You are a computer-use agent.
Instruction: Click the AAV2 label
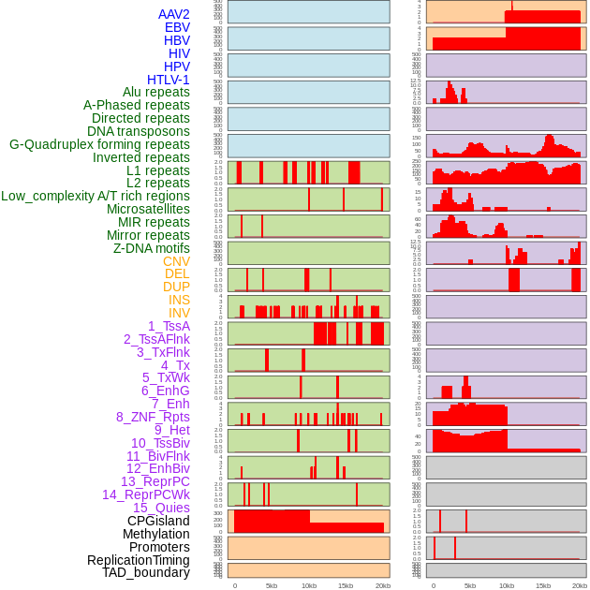coord(174,15)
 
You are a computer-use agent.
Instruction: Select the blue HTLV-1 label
coord(169,80)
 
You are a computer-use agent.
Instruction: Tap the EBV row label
coord(177,28)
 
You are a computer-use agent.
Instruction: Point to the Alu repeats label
coord(156,93)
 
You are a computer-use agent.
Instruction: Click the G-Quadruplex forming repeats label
coord(99,144)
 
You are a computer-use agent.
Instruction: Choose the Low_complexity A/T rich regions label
coord(96,196)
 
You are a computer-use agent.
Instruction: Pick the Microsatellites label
coord(148,209)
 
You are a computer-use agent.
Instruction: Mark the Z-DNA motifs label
coord(152,248)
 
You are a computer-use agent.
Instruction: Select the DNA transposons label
coord(139,131)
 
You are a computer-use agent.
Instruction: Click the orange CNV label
coord(176,261)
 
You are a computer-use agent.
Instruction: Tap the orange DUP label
coord(176,287)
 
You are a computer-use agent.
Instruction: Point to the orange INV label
coord(179,313)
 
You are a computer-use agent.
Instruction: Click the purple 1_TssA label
coord(169,326)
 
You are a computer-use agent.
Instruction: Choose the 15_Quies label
coord(161,508)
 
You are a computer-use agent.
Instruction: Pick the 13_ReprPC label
coord(155,481)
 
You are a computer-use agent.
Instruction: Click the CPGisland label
coord(158,521)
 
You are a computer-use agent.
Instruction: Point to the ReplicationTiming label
coord(138,560)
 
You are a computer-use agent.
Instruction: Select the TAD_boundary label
coord(146,572)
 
